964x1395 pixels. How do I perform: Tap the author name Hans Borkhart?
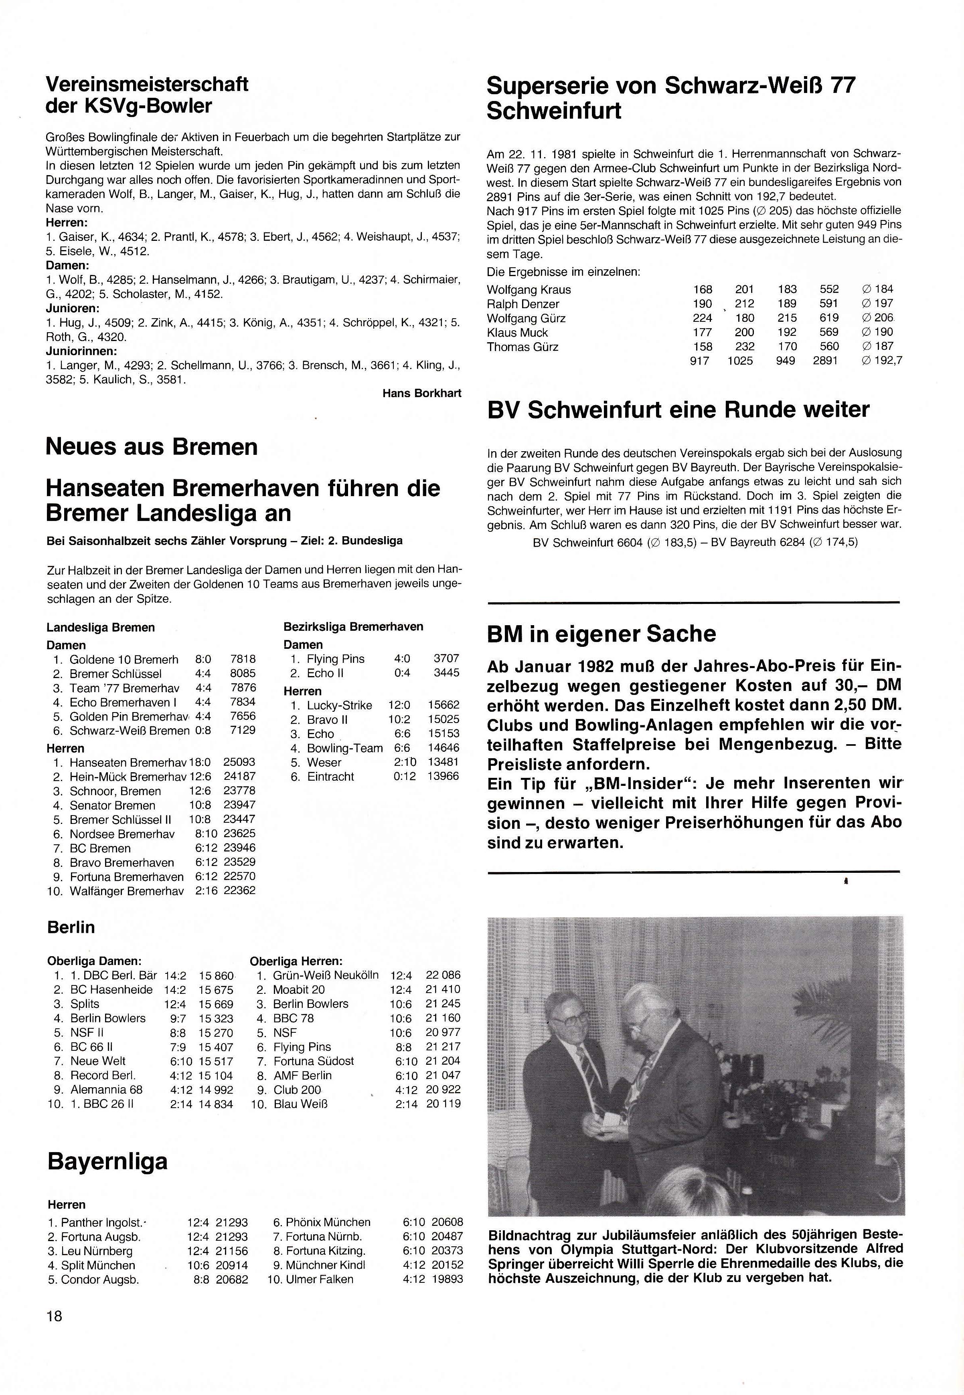click(x=421, y=393)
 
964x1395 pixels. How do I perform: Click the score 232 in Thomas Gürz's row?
click(x=744, y=347)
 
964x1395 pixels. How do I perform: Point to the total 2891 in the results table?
click(x=825, y=361)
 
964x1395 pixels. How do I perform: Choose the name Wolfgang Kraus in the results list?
click(x=529, y=289)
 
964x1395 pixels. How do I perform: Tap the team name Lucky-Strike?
click(x=340, y=705)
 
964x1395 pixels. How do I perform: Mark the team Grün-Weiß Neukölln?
click(x=326, y=975)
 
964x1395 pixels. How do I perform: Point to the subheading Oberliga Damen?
click(x=94, y=960)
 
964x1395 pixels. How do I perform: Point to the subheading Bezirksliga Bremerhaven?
click(x=353, y=627)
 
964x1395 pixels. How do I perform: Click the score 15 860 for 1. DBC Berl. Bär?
click(x=216, y=975)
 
